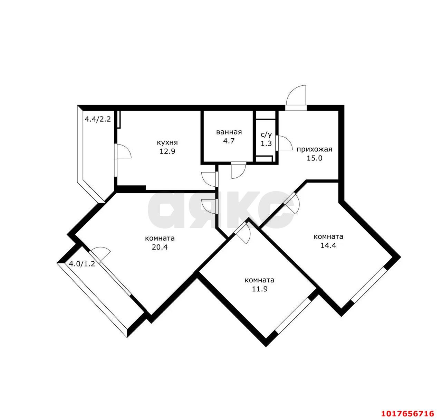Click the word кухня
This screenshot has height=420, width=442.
(167, 142)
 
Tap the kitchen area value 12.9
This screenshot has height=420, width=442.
(167, 151)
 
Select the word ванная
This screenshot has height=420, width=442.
(229, 132)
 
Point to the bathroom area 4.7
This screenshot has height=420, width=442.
(229, 141)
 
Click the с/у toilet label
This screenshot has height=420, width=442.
(266, 134)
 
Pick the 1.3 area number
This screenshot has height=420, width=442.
(266, 143)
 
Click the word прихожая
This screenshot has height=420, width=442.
(314, 149)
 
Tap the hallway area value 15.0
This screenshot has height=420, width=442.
(315, 158)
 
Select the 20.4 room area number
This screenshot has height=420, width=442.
(160, 247)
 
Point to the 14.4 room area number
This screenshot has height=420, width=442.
(328, 245)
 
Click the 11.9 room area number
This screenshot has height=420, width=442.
(260, 289)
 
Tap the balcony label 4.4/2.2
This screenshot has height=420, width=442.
(98, 119)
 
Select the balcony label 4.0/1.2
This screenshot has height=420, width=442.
(82, 264)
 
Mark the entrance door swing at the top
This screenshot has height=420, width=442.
(296, 96)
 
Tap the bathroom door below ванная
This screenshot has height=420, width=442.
(239, 170)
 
